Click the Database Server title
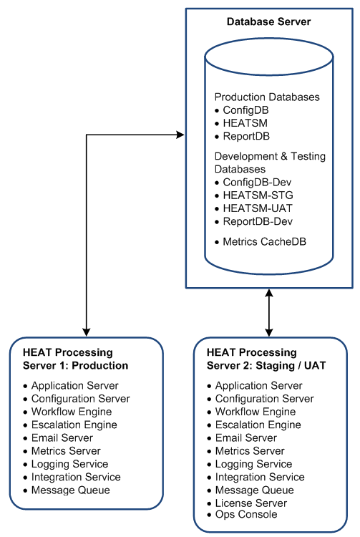[x=268, y=21]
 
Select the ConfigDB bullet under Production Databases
[x=245, y=110]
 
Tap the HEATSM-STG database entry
[x=258, y=195]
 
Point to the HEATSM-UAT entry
[x=258, y=208]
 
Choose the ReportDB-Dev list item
[x=258, y=221]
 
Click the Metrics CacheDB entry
[x=265, y=242]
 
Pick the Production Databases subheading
[x=267, y=97]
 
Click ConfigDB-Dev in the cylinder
[x=257, y=182]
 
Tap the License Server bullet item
[x=250, y=503]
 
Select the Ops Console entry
[x=246, y=514]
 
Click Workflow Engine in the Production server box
[x=72, y=412]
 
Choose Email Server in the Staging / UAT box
[x=245, y=437]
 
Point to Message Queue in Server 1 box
[x=70, y=490]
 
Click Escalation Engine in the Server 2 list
[x=258, y=425]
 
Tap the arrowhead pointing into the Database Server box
[x=180, y=135]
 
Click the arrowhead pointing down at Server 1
[x=86, y=332]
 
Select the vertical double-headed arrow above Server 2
[x=269, y=313]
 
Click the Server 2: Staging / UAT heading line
[x=266, y=366]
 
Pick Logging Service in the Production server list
[x=69, y=464]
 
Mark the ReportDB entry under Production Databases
[x=246, y=136]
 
